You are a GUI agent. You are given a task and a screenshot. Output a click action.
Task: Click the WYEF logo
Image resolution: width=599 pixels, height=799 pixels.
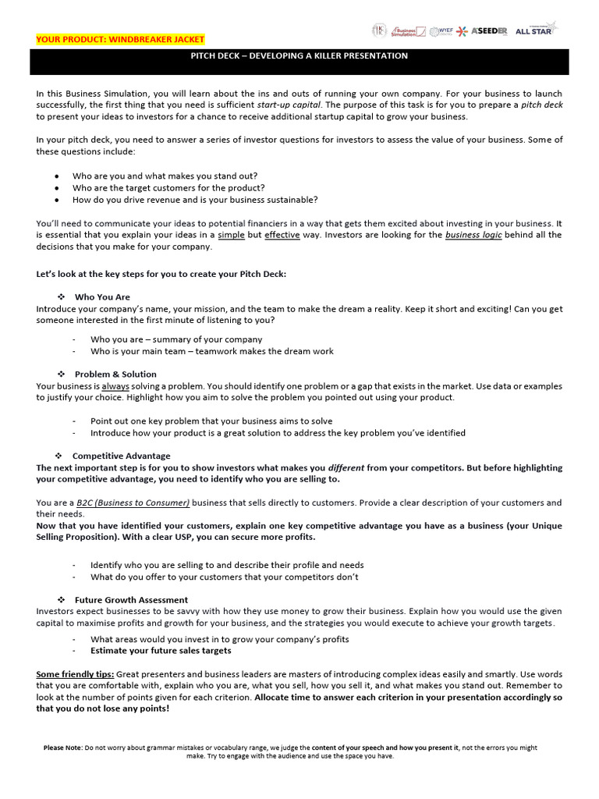click(x=444, y=30)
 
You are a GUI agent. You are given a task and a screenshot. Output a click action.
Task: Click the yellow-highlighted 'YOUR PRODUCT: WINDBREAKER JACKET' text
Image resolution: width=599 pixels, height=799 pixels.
click(x=121, y=39)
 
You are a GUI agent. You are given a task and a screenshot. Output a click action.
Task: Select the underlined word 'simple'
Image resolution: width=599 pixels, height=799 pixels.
click(x=231, y=235)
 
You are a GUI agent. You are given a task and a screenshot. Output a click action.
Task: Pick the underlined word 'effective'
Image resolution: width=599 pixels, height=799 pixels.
click(x=282, y=235)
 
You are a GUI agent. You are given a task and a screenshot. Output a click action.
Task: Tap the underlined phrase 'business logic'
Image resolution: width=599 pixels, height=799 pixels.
click(x=473, y=235)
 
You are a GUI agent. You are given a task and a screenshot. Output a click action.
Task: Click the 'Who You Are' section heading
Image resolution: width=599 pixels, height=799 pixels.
click(x=102, y=297)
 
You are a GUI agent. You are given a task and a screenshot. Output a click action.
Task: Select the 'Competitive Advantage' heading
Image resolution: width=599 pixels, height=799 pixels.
click(x=121, y=456)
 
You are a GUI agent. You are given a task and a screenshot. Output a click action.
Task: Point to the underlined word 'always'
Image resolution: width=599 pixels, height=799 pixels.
click(x=115, y=386)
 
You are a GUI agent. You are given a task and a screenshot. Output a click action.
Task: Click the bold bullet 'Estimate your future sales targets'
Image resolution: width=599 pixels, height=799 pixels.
click(x=161, y=650)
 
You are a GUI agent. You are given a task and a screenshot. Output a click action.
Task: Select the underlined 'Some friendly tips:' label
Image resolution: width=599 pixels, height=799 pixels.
click(x=74, y=673)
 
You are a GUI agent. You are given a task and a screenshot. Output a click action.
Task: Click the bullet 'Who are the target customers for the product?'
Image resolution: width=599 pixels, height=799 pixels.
click(x=168, y=187)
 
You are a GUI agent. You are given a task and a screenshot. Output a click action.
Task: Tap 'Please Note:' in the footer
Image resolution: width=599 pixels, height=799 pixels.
click(x=63, y=748)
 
